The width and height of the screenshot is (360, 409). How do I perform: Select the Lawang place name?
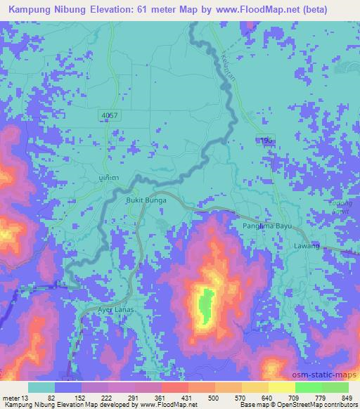[307, 245]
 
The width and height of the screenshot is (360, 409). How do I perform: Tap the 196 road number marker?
[264, 141]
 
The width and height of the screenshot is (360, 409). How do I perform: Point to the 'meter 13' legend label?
[17, 397]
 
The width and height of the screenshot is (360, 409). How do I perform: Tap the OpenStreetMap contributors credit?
[316, 404]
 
